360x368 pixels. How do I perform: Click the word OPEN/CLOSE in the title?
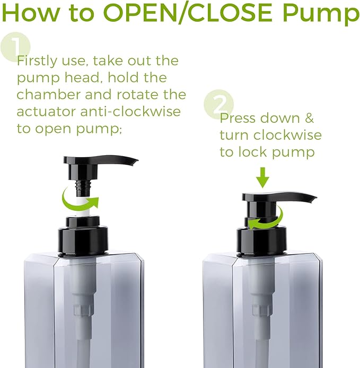pos(188,12)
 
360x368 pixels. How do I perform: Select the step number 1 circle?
pos(15,47)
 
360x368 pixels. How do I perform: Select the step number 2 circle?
pos(219,104)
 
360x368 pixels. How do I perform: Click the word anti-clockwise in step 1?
pos(130,111)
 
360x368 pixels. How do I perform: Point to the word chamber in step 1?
pos(49,94)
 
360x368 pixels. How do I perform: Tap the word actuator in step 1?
pos(46,112)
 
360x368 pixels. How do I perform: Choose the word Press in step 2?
pos(238,118)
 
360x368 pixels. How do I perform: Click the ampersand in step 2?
pos(309,118)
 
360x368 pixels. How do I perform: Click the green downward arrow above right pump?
pos(262,178)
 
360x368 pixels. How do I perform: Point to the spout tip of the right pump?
pos(314,199)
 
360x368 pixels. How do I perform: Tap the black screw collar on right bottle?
pos(261,241)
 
